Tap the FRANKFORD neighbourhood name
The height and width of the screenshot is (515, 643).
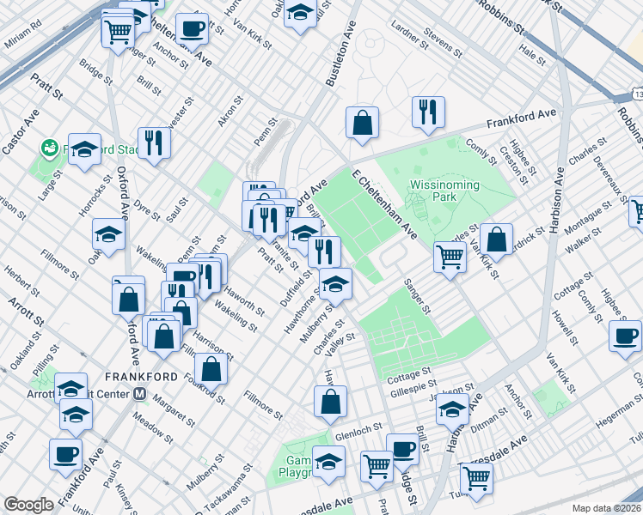(x=141, y=377)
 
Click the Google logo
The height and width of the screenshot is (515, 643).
(x=28, y=504)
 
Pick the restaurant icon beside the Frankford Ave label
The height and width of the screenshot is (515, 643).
(x=427, y=112)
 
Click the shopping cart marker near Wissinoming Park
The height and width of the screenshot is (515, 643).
(x=450, y=256)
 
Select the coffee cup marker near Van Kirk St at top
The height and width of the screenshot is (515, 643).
(x=192, y=29)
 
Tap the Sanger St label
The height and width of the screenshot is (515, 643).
(x=417, y=296)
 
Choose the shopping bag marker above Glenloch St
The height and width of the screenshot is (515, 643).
(x=330, y=401)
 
